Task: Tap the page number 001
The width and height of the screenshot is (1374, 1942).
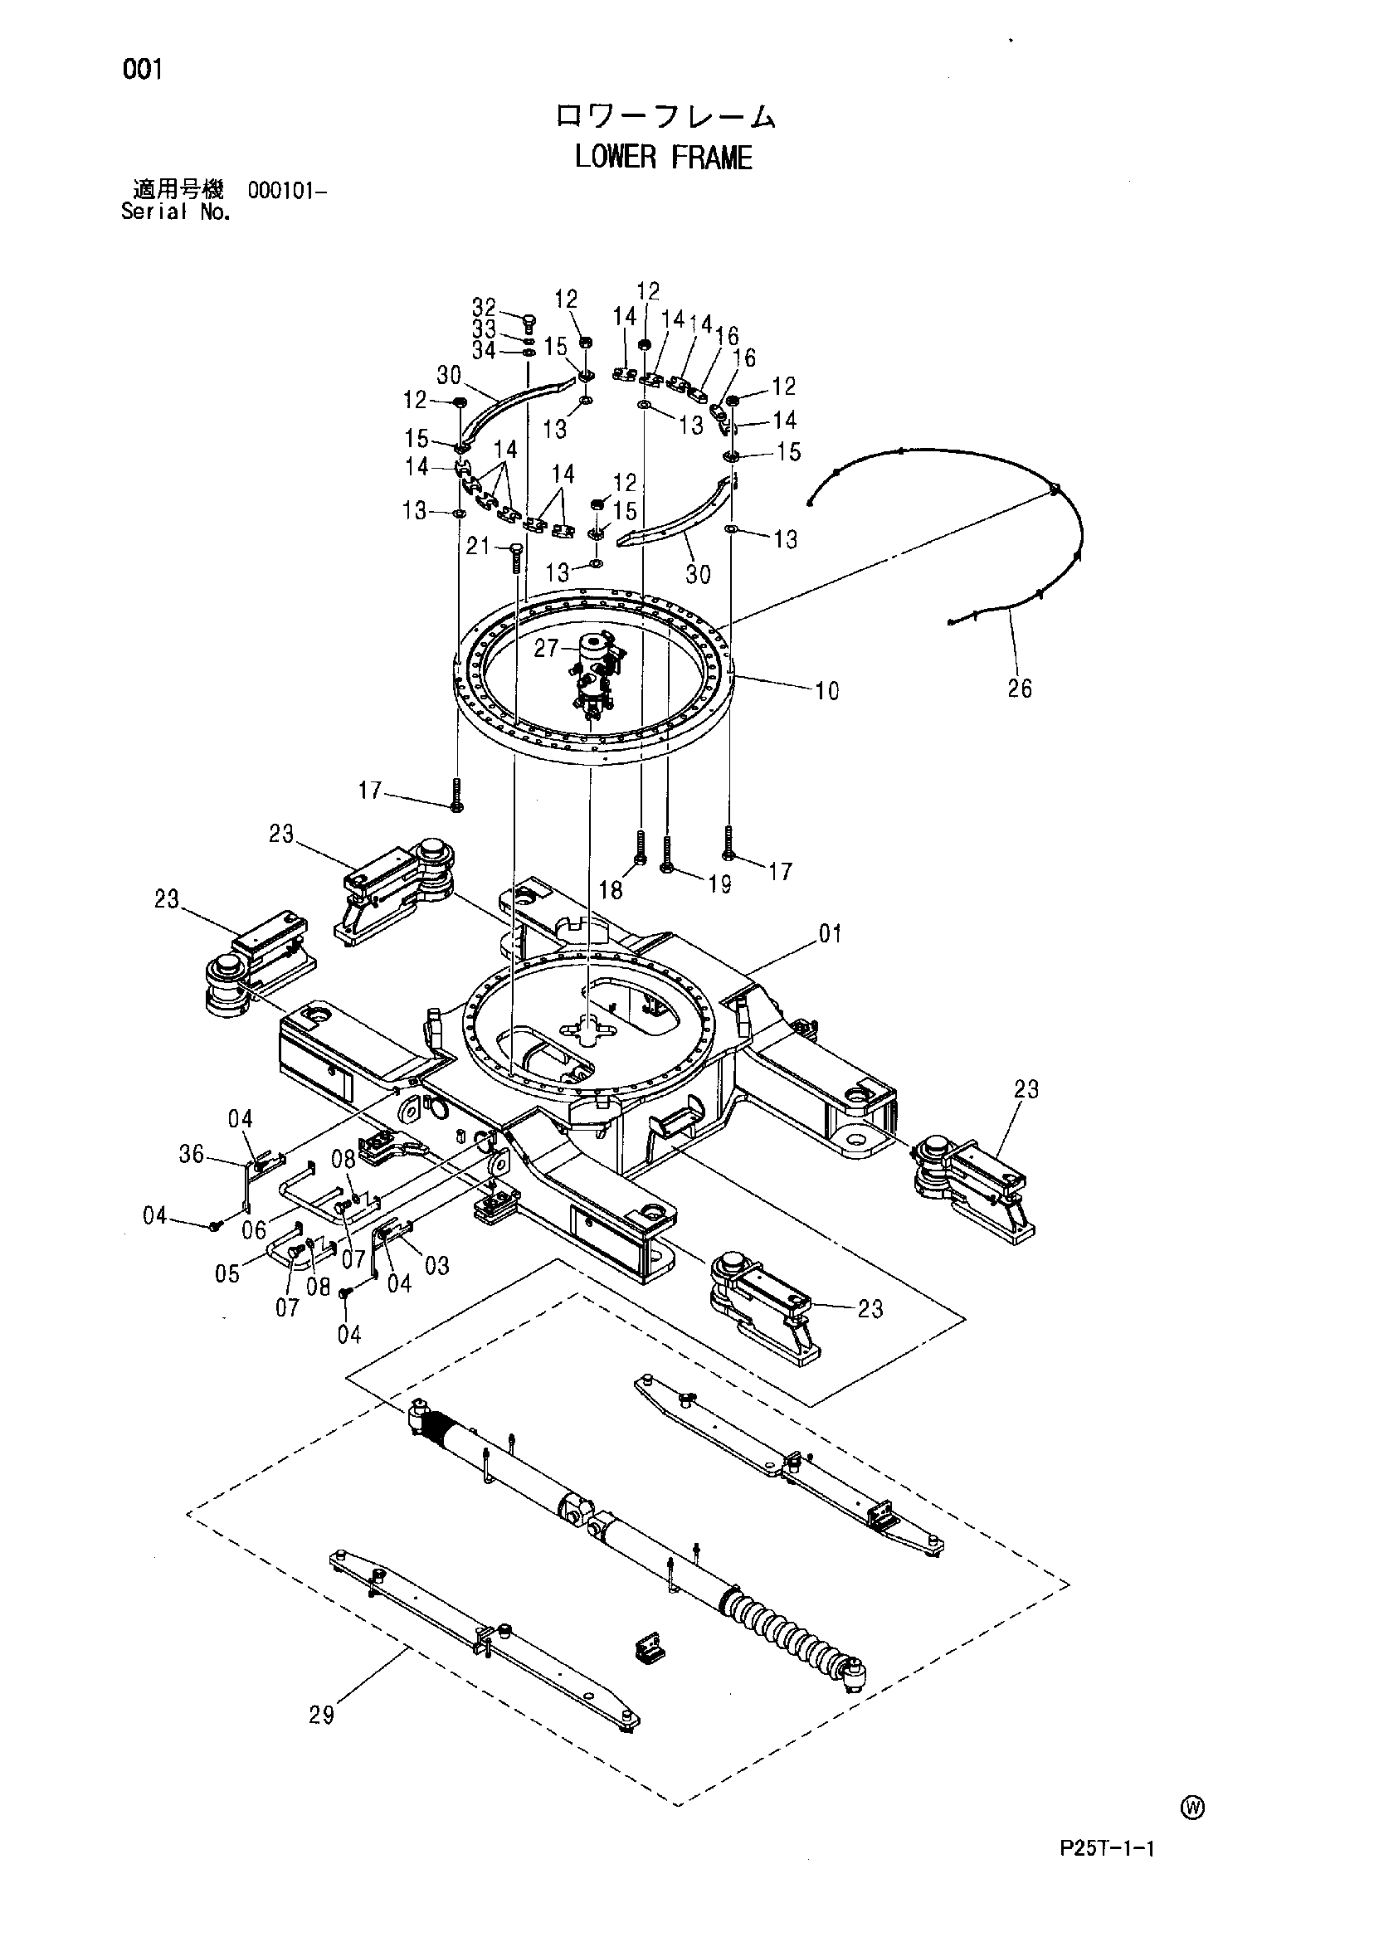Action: point(141,71)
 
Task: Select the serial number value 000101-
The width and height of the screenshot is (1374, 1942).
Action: point(286,190)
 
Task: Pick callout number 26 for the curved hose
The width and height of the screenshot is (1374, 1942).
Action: point(1020,689)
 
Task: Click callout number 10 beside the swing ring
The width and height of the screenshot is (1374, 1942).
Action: point(826,691)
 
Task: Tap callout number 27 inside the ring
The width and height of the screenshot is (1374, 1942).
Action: point(546,648)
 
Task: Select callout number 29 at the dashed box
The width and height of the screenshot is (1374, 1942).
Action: point(321,1715)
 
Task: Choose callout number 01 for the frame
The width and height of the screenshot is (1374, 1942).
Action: point(830,934)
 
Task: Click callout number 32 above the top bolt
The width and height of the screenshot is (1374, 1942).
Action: point(484,307)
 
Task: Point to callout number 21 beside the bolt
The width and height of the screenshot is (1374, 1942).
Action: point(478,547)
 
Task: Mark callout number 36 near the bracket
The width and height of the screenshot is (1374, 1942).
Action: point(191,1154)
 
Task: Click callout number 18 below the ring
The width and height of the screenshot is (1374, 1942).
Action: point(611,890)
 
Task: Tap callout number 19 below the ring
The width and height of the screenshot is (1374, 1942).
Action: point(719,886)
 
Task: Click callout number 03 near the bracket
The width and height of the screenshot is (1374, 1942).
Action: point(436,1266)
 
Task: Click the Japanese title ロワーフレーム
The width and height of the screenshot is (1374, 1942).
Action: point(664,117)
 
